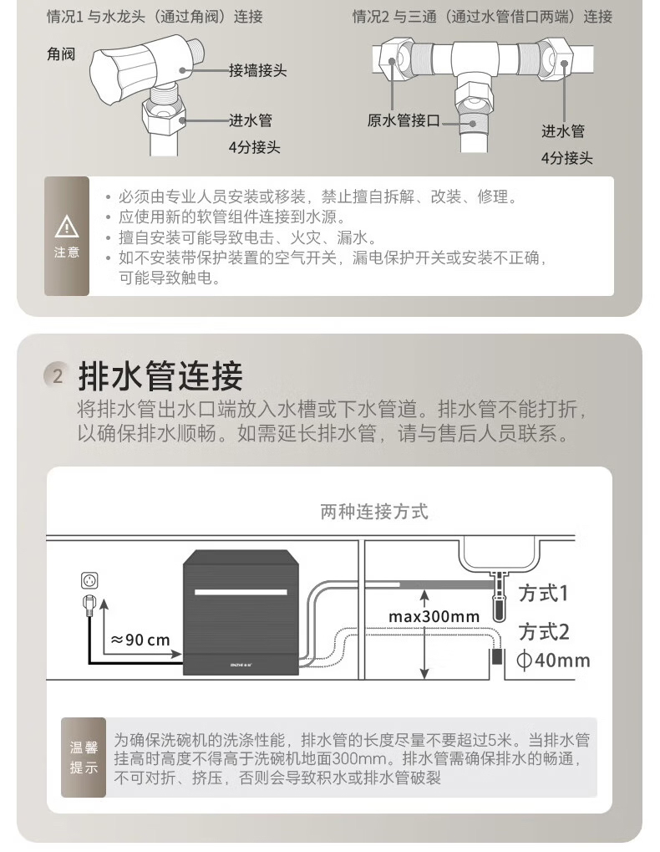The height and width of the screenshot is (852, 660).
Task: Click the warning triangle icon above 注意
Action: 67,227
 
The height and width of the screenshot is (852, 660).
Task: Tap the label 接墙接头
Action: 257,70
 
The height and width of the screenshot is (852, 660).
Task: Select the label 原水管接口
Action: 404,120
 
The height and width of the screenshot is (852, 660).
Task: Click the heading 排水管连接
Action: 160,375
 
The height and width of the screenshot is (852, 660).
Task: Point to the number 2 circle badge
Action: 57,375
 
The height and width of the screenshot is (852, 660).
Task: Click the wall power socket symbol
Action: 90,581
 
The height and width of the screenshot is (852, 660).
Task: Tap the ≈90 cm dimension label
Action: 140,640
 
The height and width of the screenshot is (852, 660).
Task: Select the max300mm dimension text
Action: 434,617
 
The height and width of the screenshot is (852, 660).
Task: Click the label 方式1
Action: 543,593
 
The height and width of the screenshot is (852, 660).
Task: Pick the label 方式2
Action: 543,632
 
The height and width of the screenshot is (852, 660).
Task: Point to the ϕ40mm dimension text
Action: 553,661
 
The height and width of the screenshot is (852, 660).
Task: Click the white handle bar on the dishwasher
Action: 241,592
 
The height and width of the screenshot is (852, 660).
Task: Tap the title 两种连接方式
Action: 374,512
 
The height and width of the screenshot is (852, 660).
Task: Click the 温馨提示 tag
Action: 84,758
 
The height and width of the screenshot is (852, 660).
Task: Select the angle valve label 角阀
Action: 61,54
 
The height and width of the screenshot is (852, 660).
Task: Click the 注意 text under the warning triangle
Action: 67,253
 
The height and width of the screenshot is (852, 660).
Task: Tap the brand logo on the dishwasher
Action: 241,664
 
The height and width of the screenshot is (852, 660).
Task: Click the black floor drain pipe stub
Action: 496,657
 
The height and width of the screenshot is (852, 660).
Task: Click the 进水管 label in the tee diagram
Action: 563,131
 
